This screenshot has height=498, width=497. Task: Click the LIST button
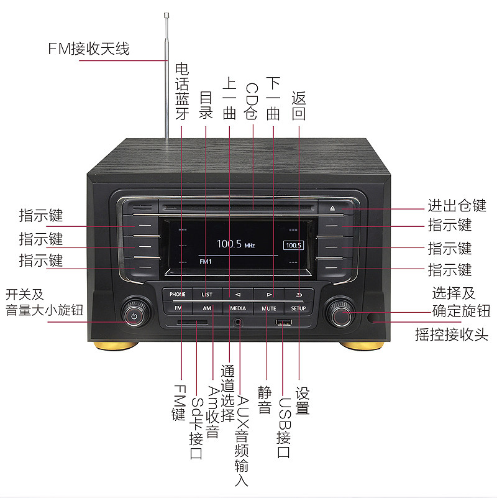coord(207,294)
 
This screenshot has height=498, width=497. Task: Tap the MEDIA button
coord(238,308)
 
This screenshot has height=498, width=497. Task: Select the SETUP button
coord(298,308)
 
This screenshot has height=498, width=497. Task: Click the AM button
coord(207,308)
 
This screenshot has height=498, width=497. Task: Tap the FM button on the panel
coord(178,308)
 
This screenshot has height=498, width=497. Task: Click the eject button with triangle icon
coord(332,208)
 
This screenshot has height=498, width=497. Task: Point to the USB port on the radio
coord(284,323)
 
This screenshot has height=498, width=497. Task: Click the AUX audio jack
coord(238,323)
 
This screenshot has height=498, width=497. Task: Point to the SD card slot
coord(193,323)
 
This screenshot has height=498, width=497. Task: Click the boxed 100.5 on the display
coord(293,245)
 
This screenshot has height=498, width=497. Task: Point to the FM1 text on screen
coord(206,262)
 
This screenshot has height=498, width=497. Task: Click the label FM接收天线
coord(89,49)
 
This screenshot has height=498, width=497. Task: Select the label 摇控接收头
coord(452,334)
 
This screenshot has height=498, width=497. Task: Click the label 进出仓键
coord(457,205)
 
